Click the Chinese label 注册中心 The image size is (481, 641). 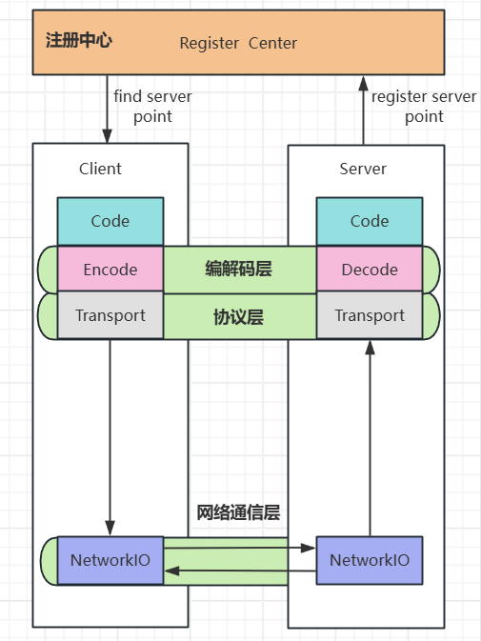point(79,41)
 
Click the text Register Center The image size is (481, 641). point(238,43)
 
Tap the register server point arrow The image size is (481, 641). point(363,109)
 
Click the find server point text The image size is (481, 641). point(152,107)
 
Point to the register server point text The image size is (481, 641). point(424,107)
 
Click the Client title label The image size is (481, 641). point(100,169)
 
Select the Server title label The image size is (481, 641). point(363,169)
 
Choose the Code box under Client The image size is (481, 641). point(110,221)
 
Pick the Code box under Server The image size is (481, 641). point(370,221)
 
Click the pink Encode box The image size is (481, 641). point(110,270)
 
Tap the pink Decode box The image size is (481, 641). point(370,270)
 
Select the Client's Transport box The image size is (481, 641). point(110,315)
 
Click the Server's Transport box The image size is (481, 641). point(370,315)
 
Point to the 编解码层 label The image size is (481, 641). point(238,270)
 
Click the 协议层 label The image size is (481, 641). point(238,316)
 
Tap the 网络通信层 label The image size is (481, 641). point(238,513)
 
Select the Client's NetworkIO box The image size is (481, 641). point(110,560)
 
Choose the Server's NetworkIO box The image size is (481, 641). point(370,560)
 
